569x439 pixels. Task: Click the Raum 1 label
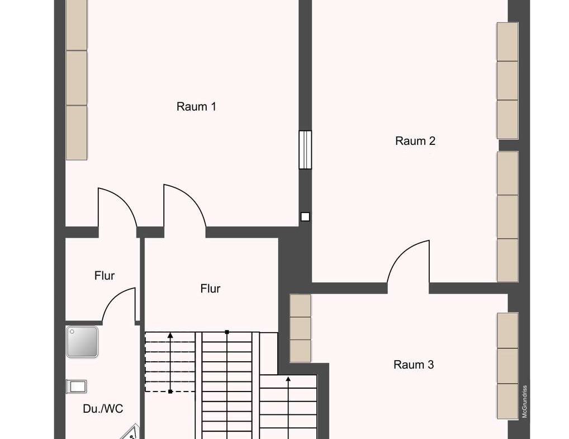click(196, 107)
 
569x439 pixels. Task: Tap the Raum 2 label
click(415, 141)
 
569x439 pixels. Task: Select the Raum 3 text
click(414, 365)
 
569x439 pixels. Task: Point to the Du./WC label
click(103, 409)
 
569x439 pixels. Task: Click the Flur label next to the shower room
click(105, 276)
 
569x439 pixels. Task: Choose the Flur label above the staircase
click(211, 289)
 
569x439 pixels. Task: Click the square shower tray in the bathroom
click(82, 342)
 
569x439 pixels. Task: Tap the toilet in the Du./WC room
click(77, 386)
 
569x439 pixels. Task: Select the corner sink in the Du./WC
click(130, 433)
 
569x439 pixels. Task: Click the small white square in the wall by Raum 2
click(305, 217)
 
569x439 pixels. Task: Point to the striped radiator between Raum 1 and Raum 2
click(305, 150)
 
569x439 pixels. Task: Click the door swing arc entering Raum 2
click(403, 252)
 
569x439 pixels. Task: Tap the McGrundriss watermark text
click(525, 402)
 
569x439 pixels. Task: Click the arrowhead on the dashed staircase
click(170, 335)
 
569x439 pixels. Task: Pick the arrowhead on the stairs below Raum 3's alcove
click(288, 380)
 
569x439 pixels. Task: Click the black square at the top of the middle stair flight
click(227, 332)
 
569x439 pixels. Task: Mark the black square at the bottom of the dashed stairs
click(170, 391)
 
